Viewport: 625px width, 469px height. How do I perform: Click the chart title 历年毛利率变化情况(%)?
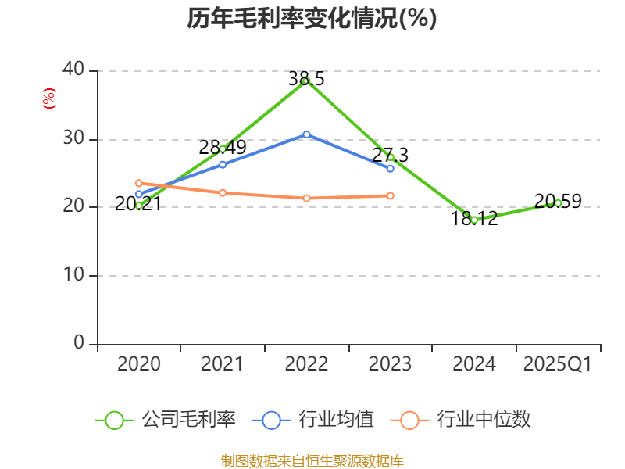312,18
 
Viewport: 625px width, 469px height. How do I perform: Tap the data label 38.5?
306,78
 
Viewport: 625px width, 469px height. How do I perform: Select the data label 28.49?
223,147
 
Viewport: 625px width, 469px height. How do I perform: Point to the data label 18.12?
474,219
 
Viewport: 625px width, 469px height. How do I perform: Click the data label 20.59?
558,202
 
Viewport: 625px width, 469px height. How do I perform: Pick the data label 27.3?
391,155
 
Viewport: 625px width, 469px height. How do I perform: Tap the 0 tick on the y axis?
79,343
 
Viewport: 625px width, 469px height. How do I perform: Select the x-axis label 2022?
306,364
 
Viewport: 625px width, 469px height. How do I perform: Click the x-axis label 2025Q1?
558,364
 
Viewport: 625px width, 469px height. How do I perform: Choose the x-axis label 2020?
139,364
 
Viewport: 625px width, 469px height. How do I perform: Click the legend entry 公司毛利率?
187,420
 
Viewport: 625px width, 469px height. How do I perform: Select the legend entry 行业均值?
336,420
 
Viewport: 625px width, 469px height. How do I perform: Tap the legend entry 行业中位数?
483,420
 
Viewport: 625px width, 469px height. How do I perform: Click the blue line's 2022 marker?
306,134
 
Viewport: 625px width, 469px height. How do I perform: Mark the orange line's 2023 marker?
391,195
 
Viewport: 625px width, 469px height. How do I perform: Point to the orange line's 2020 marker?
139,183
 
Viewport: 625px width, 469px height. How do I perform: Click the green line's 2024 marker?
474,220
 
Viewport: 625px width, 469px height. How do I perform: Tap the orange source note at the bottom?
312,460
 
